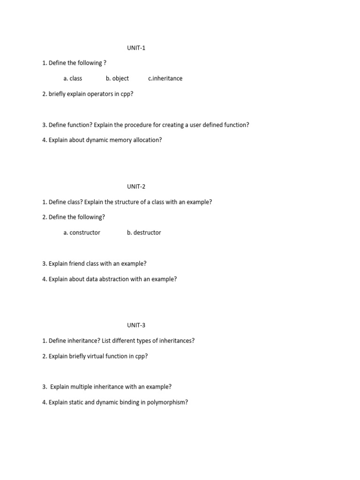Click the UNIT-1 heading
tap(136, 48)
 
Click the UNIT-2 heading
tap(136, 187)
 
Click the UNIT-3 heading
tap(136, 325)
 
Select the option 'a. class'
tap(73, 78)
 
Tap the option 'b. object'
tap(117, 78)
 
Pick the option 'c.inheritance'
tap(165, 78)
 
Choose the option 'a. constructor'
tap(82, 232)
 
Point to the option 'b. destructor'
tap(144, 232)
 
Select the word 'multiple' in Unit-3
tap(82, 387)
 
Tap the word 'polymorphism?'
tap(167, 402)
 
